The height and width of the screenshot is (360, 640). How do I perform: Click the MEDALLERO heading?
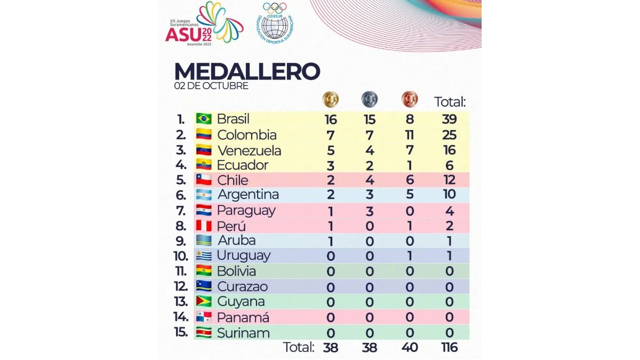tap(247, 72)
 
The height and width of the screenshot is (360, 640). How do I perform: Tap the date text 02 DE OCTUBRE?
tap(211, 86)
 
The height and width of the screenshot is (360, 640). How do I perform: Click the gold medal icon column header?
tap(330, 99)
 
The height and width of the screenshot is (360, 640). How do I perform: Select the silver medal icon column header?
tap(369, 99)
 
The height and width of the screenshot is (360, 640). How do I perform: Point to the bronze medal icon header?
tap(409, 99)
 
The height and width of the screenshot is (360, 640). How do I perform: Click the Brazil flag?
tap(204, 118)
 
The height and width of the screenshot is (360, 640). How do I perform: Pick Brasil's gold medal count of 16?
tap(330, 119)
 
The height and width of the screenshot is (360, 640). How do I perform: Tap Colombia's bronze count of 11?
tap(410, 134)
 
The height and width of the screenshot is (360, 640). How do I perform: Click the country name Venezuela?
tap(249, 150)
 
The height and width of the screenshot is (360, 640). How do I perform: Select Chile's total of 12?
tap(450, 180)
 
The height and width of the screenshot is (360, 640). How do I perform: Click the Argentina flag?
tap(204, 195)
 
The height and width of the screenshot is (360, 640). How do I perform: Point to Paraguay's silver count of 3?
tap(369, 210)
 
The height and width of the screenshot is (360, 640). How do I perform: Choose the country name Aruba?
tap(237, 240)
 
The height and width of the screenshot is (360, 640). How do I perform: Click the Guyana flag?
tap(204, 301)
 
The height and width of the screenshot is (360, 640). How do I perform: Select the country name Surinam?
tap(244, 333)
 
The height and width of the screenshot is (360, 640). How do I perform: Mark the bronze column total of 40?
tap(410, 348)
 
